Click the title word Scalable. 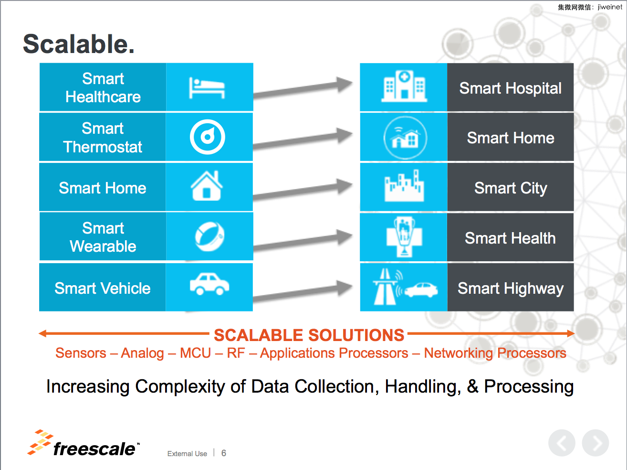79,44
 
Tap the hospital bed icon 207,88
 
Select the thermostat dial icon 208,137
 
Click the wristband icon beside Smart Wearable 209,236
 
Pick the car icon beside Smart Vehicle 209,284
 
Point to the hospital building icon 404,86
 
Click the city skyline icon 404,185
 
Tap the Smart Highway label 511,288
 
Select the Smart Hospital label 511,88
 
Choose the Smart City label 511,188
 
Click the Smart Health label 510,238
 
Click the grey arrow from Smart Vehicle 303,291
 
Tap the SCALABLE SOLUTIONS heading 309,335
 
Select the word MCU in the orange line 195,353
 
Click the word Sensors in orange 81,353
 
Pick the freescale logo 84,443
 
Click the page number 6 224,453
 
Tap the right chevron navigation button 596,443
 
